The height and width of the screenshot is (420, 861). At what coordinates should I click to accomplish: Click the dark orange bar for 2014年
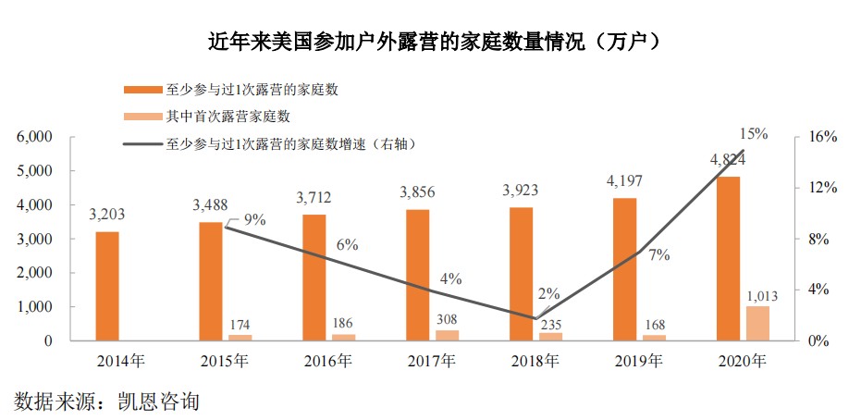pos(107,286)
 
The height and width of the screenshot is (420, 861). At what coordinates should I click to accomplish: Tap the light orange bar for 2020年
pos(757,323)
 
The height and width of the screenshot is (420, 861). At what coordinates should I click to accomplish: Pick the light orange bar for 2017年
pos(448,335)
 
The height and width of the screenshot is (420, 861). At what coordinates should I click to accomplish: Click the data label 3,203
pos(107,215)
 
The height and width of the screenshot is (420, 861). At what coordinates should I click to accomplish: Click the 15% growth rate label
pos(753,133)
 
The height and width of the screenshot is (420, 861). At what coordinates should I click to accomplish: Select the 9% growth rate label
pos(254,220)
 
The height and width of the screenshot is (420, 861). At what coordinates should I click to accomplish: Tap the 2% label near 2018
pos(548,293)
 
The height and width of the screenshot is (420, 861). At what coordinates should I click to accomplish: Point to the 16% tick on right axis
pos(822,137)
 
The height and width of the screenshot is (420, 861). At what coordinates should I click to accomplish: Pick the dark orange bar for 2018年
pos(522,274)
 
